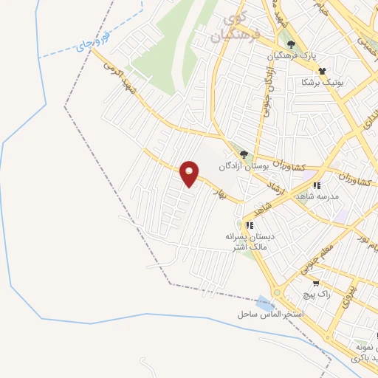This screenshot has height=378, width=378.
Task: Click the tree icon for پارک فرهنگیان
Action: [x=291, y=43]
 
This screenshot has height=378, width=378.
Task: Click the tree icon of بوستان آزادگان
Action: [x=244, y=154]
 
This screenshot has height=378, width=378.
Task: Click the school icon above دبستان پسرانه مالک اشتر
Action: [x=250, y=224]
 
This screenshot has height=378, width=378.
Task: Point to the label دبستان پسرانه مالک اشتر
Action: [x=250, y=241]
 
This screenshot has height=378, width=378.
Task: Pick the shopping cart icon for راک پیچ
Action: [x=315, y=283]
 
